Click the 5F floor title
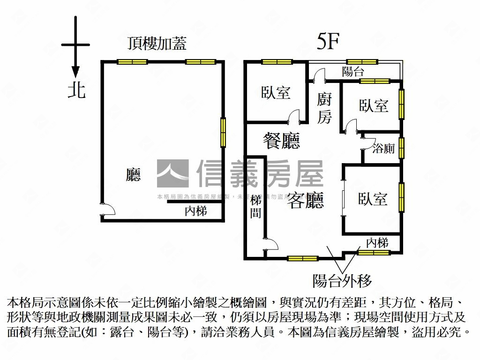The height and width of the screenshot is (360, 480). pyautogui.click(x=328, y=42)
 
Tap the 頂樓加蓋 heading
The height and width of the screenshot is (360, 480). pyautogui.click(x=157, y=43)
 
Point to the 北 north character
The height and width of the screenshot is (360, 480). pyautogui.click(x=77, y=90)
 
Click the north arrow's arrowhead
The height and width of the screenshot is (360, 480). pyautogui.click(x=75, y=72)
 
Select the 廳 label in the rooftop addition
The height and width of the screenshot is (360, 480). pyautogui.click(x=134, y=175)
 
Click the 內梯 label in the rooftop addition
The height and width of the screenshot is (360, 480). pyautogui.click(x=196, y=211)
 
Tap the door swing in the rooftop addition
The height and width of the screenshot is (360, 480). pyautogui.click(x=107, y=209)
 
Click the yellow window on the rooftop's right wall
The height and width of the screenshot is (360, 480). pyautogui.click(x=223, y=132)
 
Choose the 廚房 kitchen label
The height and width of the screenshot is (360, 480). pyautogui.click(x=324, y=108)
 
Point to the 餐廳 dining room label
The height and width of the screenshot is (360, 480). pyautogui.click(x=281, y=140)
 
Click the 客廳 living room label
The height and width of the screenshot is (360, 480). pyautogui.click(x=306, y=201)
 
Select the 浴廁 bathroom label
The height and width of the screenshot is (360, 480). pyautogui.click(x=383, y=149)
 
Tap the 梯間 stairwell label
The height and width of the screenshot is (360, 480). pyautogui.click(x=256, y=207)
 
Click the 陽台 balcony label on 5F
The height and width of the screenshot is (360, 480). pyautogui.click(x=353, y=72)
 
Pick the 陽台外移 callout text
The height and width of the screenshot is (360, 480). pyautogui.click(x=342, y=281)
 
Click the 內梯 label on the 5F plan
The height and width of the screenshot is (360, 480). pyautogui.click(x=377, y=243)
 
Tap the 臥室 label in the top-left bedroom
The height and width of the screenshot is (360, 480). pyautogui.click(x=276, y=92)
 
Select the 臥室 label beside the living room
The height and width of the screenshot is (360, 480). pyautogui.click(x=373, y=199)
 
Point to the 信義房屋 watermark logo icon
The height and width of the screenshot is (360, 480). pyautogui.click(x=172, y=174)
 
